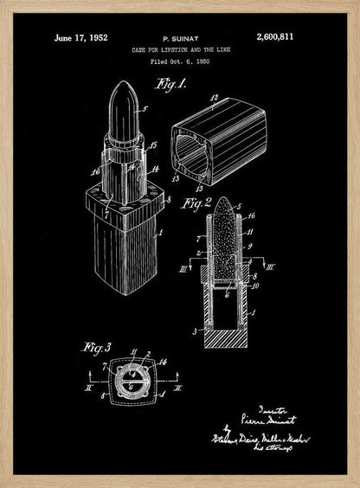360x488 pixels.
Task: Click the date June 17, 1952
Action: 80,37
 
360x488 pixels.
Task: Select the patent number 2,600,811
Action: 276,37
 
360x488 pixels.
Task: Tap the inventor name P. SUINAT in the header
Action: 178,39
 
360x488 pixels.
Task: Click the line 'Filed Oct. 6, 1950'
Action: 179,62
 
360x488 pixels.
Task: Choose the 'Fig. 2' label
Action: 196,203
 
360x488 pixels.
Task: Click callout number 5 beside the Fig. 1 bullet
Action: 145,110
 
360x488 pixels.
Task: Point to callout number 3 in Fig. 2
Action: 197,331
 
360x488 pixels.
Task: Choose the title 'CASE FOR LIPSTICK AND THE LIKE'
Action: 179,51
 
